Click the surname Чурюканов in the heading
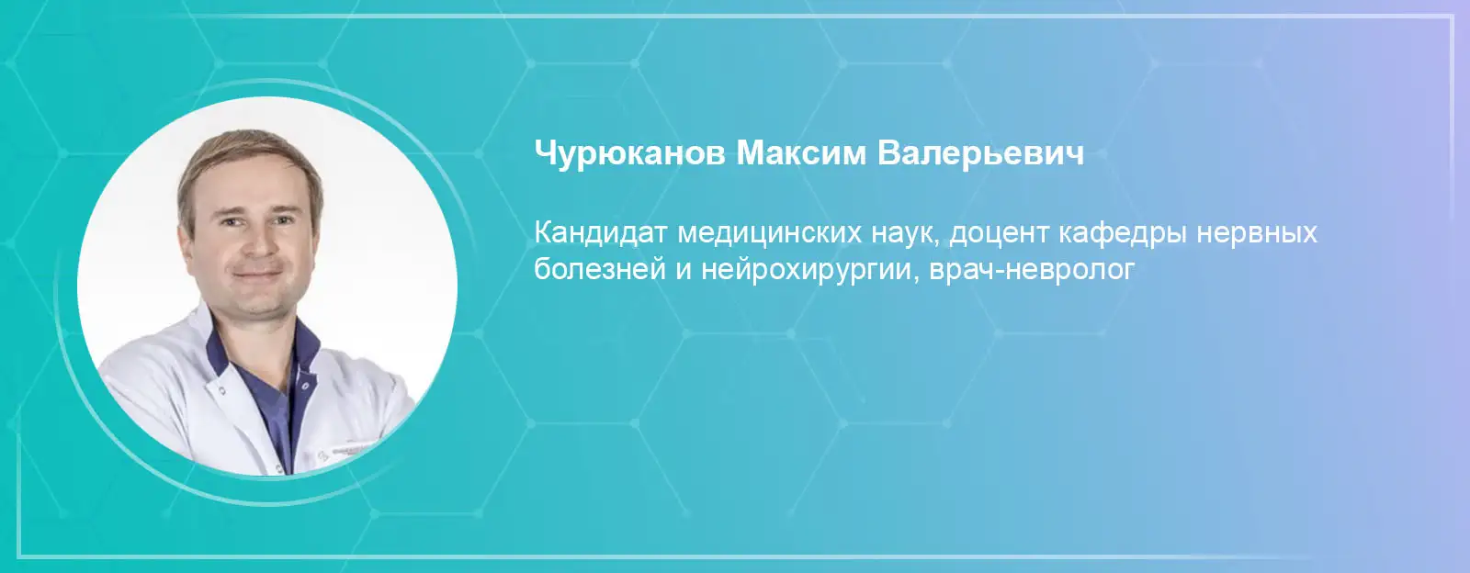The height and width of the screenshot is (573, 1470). tap(629, 154)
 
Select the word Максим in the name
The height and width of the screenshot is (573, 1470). tap(800, 152)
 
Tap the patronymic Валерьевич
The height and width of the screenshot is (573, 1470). tap(980, 152)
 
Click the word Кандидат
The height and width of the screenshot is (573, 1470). tap(601, 233)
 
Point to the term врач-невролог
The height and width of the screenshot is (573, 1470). tap(1033, 270)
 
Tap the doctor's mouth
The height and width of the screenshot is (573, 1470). tap(258, 275)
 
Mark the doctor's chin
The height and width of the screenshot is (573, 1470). tap(260, 304)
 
